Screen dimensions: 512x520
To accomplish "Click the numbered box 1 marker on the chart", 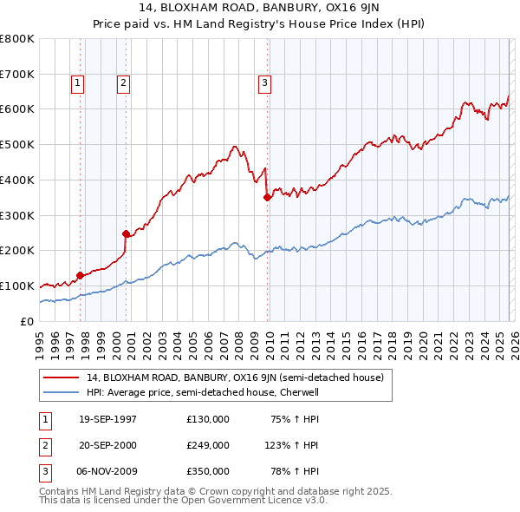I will click(78, 83).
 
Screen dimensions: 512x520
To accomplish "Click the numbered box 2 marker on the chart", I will click(123, 83).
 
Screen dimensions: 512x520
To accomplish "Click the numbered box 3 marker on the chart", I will click(264, 83).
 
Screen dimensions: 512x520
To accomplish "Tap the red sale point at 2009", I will click(268, 197).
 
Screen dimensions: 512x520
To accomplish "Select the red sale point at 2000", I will click(126, 233).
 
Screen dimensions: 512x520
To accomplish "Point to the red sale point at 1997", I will click(81, 275).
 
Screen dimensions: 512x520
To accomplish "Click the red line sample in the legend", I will click(62, 377).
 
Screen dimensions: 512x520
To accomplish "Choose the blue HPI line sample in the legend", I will click(62, 392).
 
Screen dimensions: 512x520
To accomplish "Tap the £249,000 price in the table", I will click(207, 445).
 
